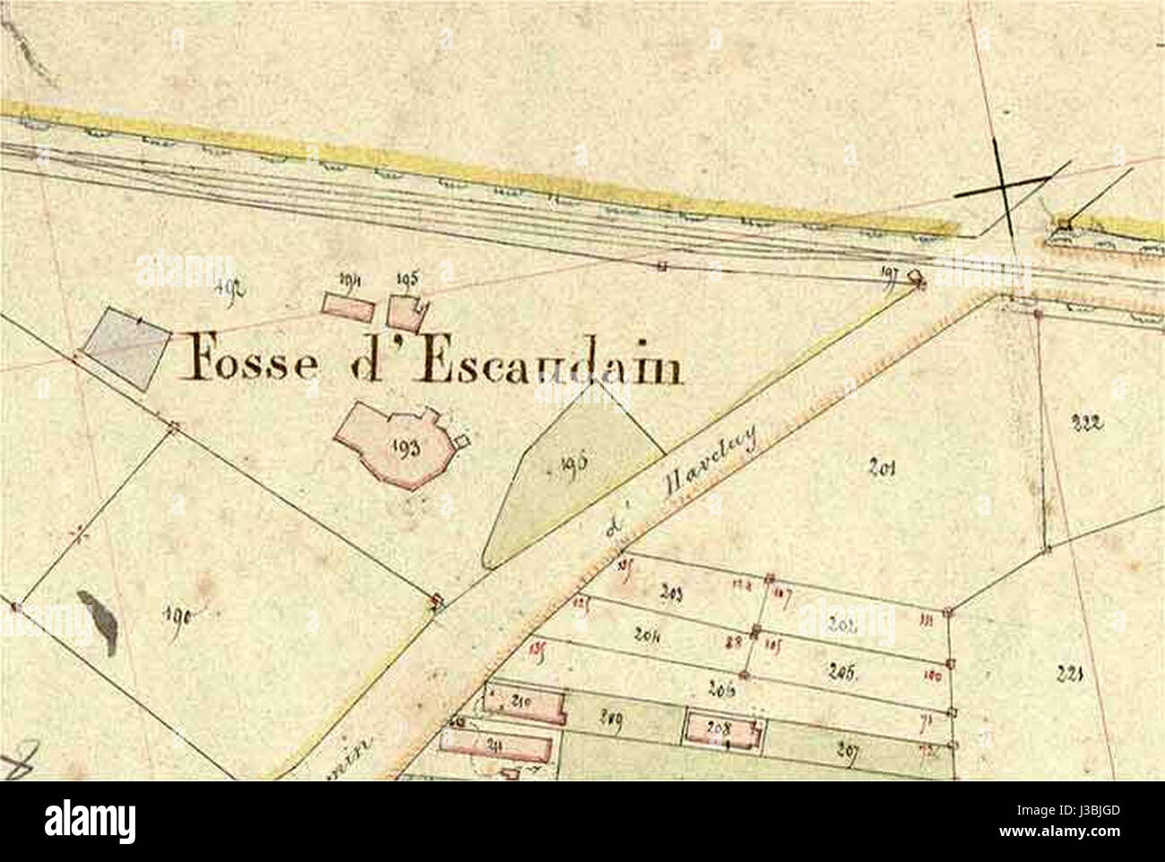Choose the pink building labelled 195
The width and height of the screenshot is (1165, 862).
click(x=407, y=311)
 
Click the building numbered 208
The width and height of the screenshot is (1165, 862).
click(x=721, y=729)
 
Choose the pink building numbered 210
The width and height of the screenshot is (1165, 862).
click(x=523, y=704)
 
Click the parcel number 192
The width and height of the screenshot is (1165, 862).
click(x=231, y=288)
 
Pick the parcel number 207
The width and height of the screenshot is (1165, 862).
click(x=846, y=751)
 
